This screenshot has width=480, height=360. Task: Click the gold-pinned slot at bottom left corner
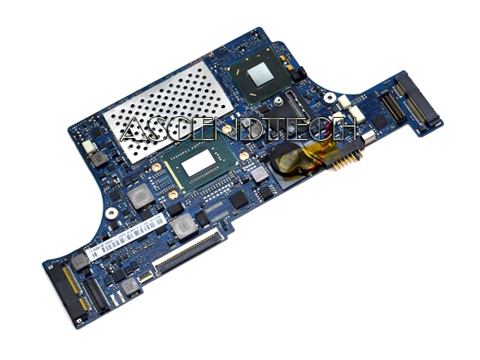coord(67,288)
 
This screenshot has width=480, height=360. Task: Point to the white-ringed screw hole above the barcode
coord(111,213)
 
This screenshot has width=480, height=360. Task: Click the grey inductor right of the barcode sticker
coord(182,225)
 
